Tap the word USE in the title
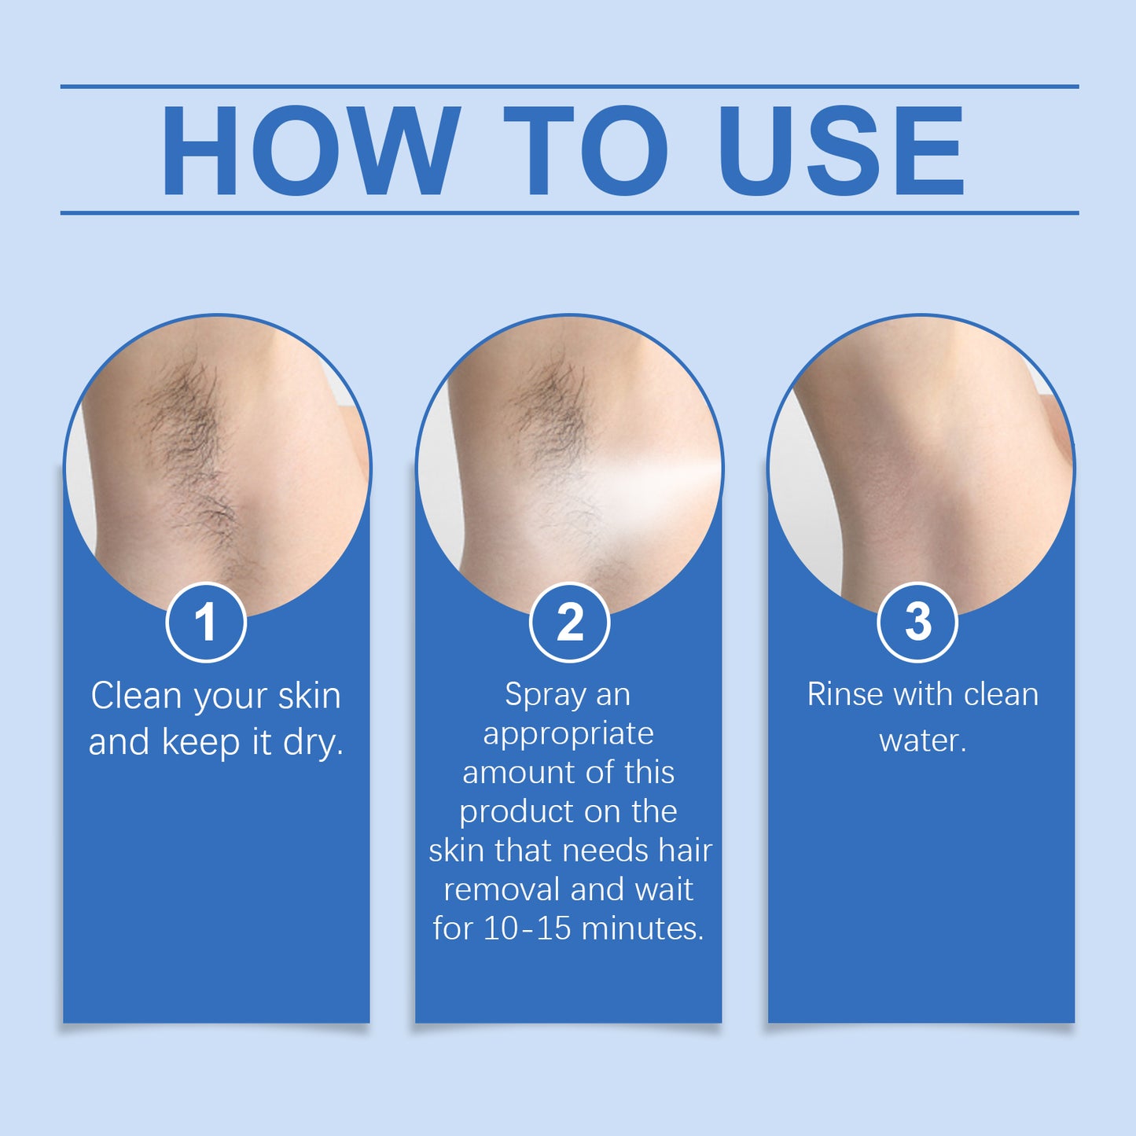coord(840,151)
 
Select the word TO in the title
coord(586,151)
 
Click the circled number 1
coord(206,623)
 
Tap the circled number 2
coord(569,623)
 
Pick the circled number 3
coord(917,623)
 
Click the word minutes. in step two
coord(642,928)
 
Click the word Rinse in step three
coord(844,695)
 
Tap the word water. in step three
coord(922,741)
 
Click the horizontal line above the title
coord(569,86)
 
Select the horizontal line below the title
coord(569,212)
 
